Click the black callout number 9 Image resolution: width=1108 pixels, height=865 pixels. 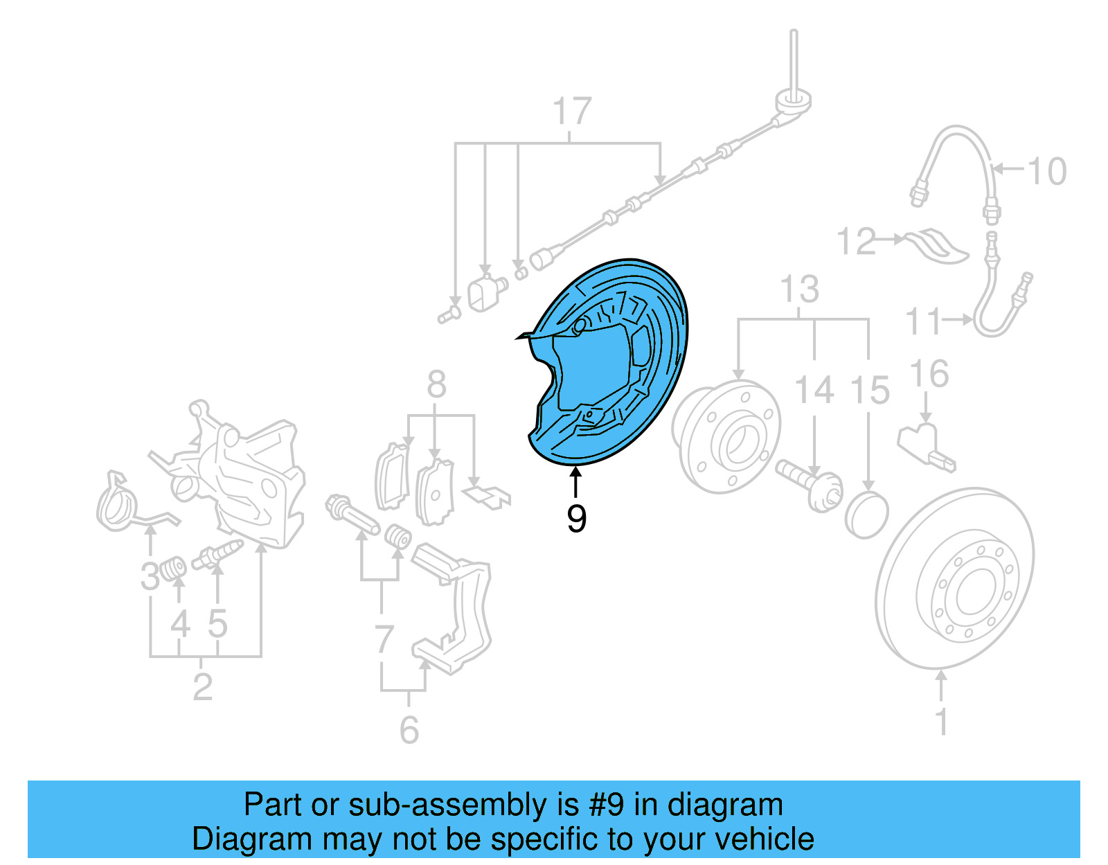tap(576, 518)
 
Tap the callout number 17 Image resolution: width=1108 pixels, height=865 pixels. tap(572, 112)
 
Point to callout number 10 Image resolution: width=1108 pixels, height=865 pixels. tap(1046, 171)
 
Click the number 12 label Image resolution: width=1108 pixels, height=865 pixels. tap(856, 241)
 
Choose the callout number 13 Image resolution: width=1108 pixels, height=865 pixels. tap(799, 289)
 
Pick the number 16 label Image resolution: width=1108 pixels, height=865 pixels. tap(929, 374)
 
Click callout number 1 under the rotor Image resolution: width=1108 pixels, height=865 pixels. tap(941, 721)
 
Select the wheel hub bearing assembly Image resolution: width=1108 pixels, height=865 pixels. tap(726, 436)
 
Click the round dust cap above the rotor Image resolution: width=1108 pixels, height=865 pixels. tap(866, 515)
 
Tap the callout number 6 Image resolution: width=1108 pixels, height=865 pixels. tap(409, 729)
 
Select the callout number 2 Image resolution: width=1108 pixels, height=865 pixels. tap(202, 687)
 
